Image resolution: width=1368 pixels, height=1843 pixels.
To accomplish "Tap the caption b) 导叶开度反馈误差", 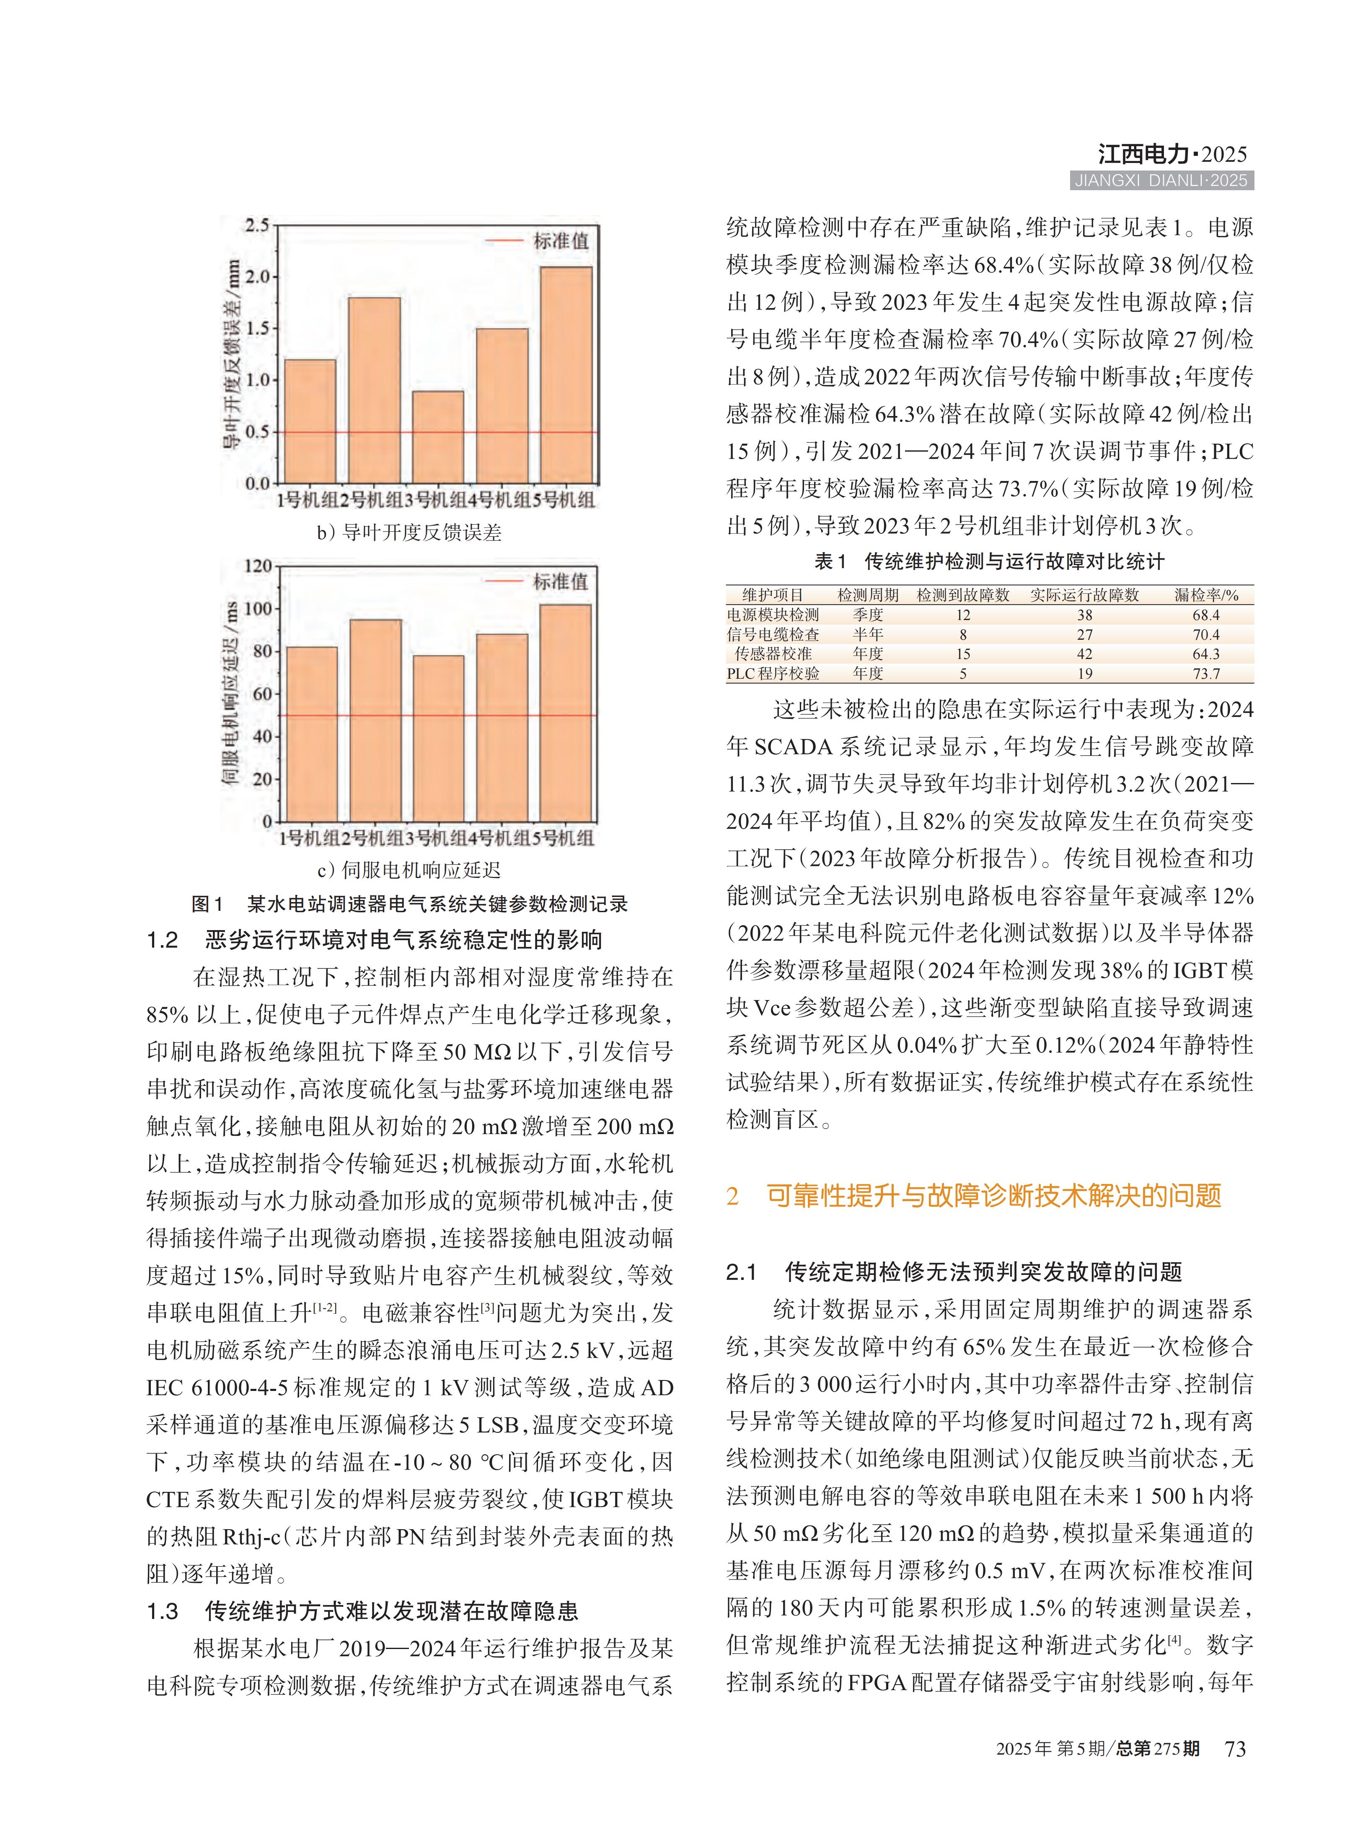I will click(409, 532).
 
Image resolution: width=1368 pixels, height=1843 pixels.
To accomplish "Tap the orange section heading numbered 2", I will click(973, 1196).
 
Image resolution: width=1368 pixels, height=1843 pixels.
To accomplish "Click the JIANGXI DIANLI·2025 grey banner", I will click(1161, 181).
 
